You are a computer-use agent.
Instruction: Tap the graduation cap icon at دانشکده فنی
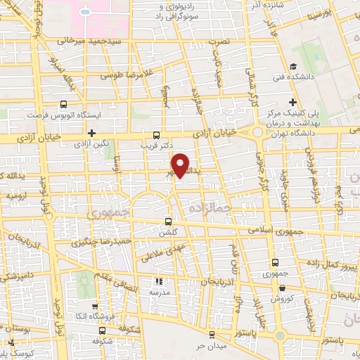click(294, 82)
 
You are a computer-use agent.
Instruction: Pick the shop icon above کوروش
click(282, 288)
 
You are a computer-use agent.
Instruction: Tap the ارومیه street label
click(16, 197)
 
